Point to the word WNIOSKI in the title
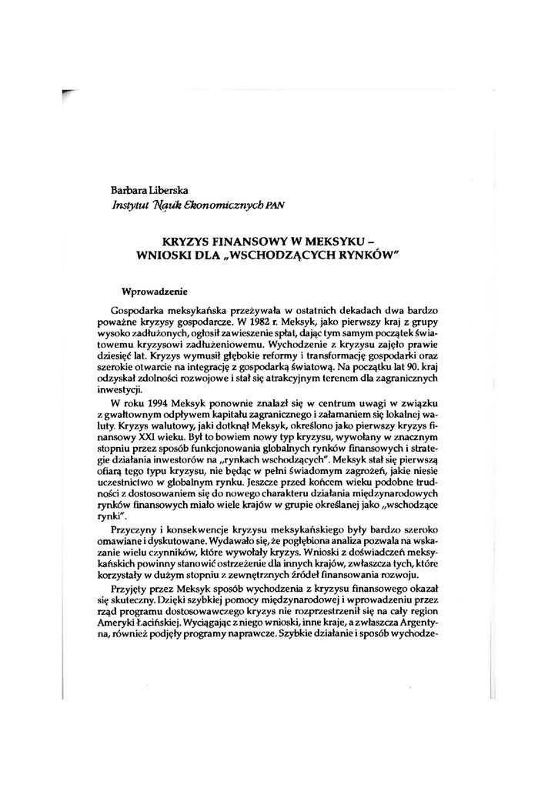click(x=163, y=254)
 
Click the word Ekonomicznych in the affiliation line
click(x=233, y=205)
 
